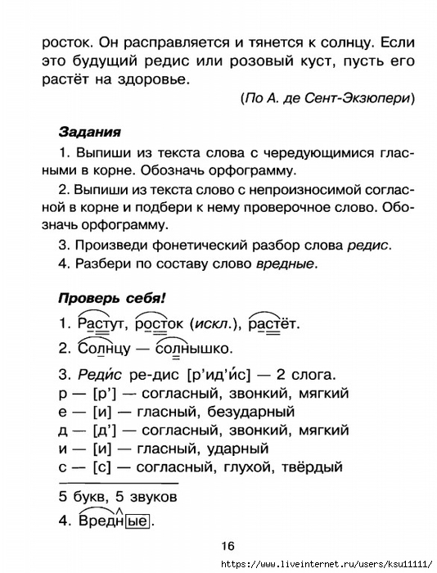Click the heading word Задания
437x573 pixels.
coord(91,131)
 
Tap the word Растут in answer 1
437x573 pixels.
coord(102,322)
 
